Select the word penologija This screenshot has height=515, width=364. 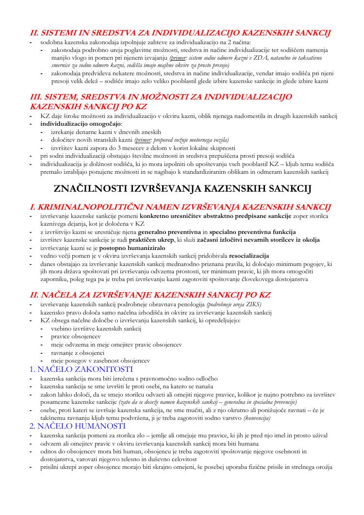186,304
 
